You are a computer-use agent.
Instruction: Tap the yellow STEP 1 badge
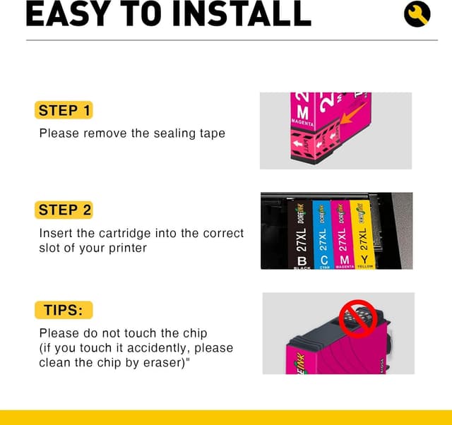pyautogui.click(x=64, y=110)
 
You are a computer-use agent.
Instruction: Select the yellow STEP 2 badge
pyautogui.click(x=64, y=210)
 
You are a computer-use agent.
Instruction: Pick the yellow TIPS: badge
pyautogui.click(x=64, y=310)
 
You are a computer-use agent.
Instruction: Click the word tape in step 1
pyautogui.click(x=211, y=133)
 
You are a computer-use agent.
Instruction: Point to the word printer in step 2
pyautogui.click(x=127, y=248)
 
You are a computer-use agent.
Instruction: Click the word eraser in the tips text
pyautogui.click(x=171, y=362)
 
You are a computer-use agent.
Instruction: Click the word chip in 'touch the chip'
pyautogui.click(x=194, y=333)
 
